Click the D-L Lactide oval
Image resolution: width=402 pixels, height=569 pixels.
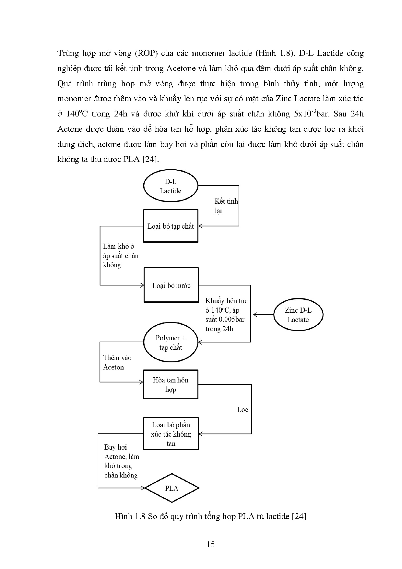[x=171, y=187]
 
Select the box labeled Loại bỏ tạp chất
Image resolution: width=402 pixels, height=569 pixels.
[x=171, y=226]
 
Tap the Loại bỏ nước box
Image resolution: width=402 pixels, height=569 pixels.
[x=171, y=285]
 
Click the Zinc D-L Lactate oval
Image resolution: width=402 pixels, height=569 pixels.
[x=298, y=315]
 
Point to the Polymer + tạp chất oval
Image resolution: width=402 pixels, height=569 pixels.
[x=171, y=343]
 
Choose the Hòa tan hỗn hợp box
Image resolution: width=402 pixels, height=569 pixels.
[x=171, y=384]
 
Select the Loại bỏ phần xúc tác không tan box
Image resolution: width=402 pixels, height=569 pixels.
[x=171, y=434]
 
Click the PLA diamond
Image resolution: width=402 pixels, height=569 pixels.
[x=171, y=488]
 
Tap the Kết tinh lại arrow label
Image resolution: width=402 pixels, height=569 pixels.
[x=226, y=206]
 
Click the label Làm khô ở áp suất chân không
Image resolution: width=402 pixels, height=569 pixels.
[x=120, y=256]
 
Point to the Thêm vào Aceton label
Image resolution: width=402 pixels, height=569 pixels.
[x=117, y=362]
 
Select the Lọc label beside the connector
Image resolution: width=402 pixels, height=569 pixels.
[x=242, y=410]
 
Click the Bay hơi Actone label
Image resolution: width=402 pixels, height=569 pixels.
[x=121, y=461]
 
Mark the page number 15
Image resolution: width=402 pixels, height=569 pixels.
[x=210, y=544]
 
